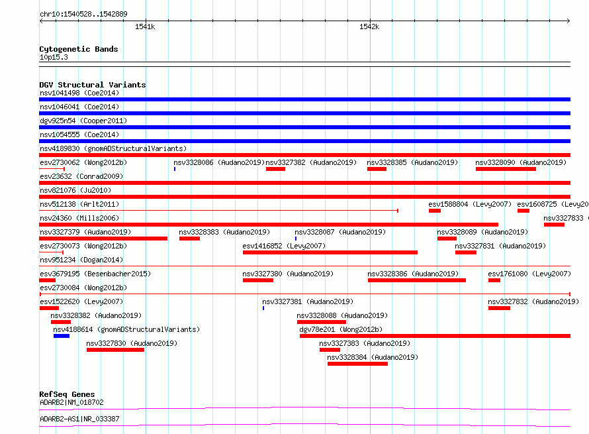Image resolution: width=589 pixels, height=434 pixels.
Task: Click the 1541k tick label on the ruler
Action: tap(145, 27)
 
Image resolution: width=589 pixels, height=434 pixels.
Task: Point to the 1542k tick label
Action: tap(369, 27)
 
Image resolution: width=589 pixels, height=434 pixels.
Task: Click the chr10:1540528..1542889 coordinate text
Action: tap(84, 14)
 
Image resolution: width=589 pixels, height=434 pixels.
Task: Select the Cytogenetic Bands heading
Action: tap(79, 49)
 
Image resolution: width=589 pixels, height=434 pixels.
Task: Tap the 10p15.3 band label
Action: tap(54, 57)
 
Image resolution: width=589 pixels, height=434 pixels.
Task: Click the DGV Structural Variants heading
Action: tap(93, 85)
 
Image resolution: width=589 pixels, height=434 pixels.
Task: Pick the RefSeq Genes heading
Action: tap(67, 394)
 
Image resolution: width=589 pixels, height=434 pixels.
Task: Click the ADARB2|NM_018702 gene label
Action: tap(71, 402)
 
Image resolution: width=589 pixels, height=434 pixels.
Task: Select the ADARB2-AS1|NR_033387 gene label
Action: tap(79, 419)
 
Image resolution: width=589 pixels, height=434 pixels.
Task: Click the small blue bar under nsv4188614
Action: tap(62, 336)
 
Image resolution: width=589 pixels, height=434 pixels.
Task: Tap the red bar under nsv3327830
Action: tap(115, 350)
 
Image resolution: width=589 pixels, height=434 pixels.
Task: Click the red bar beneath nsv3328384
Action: tap(357, 364)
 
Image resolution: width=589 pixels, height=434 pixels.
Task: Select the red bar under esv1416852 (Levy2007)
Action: tap(330, 252)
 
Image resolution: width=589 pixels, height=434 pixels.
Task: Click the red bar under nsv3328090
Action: tap(506, 169)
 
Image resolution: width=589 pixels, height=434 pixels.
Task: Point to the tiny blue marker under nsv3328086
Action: tap(175, 169)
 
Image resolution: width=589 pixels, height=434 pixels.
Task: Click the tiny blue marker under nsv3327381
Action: tap(263, 308)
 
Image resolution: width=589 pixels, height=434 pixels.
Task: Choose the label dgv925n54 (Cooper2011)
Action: tap(83, 121)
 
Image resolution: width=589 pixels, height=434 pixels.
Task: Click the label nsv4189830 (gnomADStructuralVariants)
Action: tap(113, 148)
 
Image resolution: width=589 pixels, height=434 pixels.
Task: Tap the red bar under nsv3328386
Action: tap(417, 280)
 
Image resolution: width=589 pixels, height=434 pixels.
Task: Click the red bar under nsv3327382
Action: tap(276, 169)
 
